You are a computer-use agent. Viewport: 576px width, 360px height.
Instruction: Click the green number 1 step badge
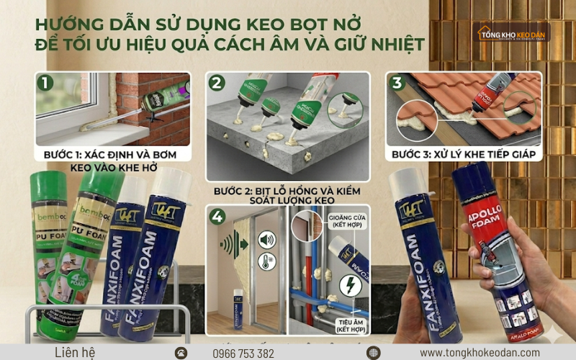coord(46,82)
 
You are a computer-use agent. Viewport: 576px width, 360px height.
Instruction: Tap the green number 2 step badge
coord(216,82)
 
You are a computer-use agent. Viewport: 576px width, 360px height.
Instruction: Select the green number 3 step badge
coord(395,82)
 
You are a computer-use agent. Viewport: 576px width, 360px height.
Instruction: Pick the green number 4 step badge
coord(217,215)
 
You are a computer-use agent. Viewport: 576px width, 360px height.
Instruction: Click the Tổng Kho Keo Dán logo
coord(513,32)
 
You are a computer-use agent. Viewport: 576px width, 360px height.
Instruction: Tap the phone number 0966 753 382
coord(243,353)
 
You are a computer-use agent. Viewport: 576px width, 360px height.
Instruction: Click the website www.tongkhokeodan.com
coord(480,352)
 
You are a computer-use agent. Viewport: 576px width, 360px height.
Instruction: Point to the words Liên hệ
coord(75,352)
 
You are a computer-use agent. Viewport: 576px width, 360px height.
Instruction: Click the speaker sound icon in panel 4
coord(266,240)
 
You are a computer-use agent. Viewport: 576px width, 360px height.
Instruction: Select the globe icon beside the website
coord(372,352)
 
